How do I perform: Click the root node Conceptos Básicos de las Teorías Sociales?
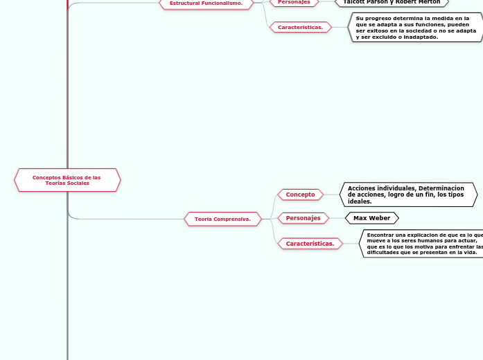67,180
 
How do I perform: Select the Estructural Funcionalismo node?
206,3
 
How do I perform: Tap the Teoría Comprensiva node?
222,219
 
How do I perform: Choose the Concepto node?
300,195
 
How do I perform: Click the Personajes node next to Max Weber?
303,218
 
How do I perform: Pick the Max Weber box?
372,218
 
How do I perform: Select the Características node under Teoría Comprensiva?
310,244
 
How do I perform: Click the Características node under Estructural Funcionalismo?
300,27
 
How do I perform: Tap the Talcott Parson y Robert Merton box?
392,2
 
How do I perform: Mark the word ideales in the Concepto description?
360,201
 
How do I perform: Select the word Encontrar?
380,235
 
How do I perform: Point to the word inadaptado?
419,37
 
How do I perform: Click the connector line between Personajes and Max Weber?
336,218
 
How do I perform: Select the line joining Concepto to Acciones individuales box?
332,195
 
